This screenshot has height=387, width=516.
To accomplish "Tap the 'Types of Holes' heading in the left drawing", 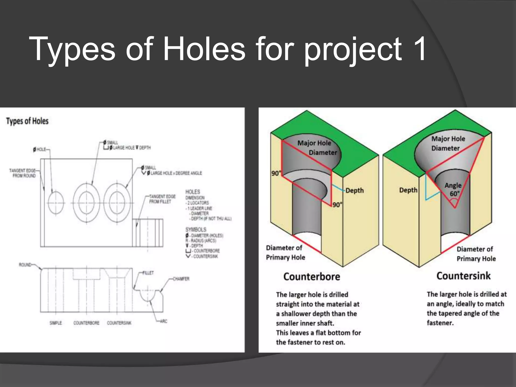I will (x=27, y=121).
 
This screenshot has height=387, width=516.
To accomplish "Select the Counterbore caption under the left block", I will (x=312, y=277).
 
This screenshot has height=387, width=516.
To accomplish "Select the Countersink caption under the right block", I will (x=464, y=276).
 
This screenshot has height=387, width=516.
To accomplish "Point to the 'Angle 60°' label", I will (x=453, y=189).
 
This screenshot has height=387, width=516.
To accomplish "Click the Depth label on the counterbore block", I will (x=354, y=190).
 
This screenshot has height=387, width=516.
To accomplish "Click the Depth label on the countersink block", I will (x=408, y=190).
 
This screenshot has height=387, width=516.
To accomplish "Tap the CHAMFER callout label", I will (x=181, y=279).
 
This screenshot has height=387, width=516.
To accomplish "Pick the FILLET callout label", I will (x=148, y=273).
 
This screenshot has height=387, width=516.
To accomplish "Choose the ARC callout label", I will (x=164, y=321).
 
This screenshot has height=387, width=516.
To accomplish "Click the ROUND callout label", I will (x=25, y=265).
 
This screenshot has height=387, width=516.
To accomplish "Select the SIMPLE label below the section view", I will (x=56, y=323).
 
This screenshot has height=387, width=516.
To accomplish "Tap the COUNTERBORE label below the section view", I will (x=86, y=323).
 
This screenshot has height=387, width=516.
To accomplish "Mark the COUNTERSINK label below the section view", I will (x=119, y=323).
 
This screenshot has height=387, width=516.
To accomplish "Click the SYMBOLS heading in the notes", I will (x=196, y=230).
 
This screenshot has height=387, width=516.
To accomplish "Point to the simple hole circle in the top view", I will (x=56, y=203).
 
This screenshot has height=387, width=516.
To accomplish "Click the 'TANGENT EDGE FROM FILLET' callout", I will (x=162, y=199).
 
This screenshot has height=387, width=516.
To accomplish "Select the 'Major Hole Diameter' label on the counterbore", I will (x=317, y=148).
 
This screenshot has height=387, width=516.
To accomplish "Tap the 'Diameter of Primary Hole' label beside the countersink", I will (x=476, y=254).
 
